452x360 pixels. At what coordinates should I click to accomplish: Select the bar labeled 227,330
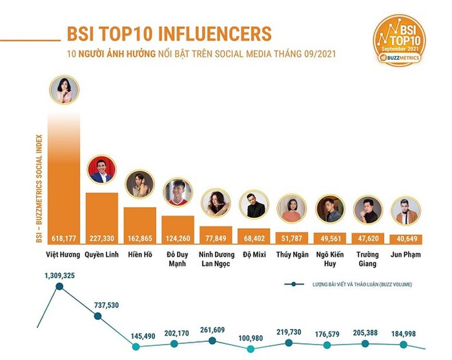(102, 213)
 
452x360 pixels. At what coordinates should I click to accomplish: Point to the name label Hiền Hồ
(139, 255)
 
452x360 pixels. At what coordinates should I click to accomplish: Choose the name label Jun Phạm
(406, 255)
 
